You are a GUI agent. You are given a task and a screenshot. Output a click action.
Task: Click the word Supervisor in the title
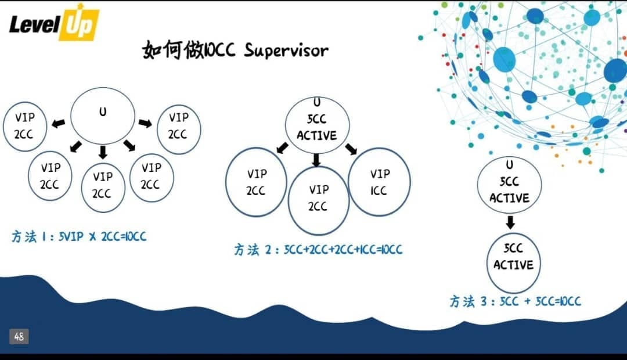coord(286,51)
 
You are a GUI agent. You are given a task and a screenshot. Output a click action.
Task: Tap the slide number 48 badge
coord(19,336)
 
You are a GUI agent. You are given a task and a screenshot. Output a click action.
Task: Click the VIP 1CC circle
coord(379,182)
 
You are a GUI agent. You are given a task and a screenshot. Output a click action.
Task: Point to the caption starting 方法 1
coord(79,237)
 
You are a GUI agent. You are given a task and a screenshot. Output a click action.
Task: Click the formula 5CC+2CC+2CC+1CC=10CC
coord(343,250)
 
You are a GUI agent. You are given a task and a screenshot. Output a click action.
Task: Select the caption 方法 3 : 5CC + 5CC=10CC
coord(515,301)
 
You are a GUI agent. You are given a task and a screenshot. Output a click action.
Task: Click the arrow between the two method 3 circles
coord(510,222)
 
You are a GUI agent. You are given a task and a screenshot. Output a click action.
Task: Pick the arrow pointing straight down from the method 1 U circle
coord(103,153)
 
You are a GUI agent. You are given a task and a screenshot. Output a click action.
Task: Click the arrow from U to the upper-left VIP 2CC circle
coord(57,124)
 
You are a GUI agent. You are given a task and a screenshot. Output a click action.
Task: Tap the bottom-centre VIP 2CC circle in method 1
coord(103,185)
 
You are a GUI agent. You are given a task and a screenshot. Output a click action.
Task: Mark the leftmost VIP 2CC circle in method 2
coord(256,182)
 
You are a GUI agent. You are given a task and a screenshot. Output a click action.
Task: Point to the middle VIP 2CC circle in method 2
coord(318,197)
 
